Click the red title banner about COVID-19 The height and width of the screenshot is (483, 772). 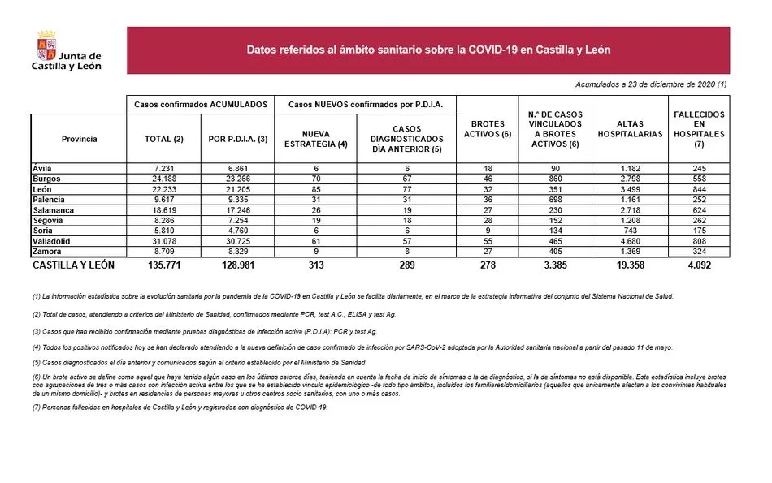point(428,50)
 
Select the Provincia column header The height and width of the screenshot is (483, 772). point(79,139)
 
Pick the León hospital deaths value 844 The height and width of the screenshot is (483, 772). point(699,188)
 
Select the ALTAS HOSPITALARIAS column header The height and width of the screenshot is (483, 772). point(630,129)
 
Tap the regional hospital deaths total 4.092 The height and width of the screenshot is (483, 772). point(699,265)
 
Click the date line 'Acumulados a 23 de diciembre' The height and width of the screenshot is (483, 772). point(650,84)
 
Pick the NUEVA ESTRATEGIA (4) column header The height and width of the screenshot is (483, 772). point(314,139)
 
